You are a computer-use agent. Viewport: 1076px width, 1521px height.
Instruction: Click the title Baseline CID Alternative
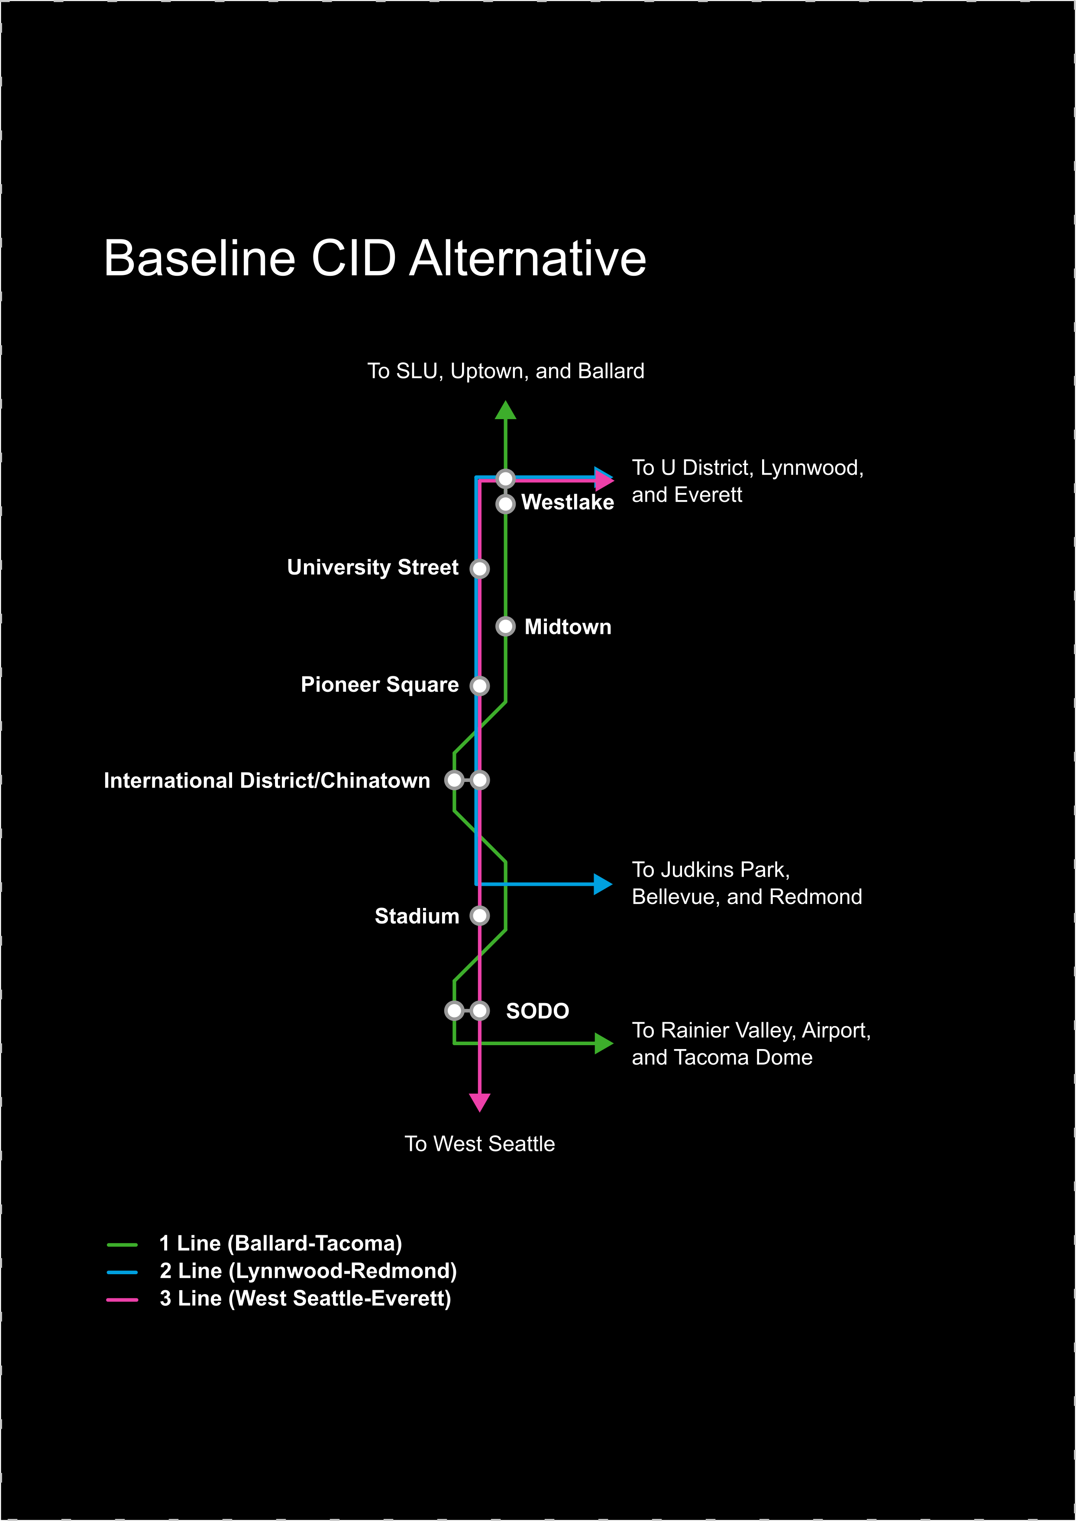(375, 258)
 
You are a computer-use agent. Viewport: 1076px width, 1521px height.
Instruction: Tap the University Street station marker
(480, 568)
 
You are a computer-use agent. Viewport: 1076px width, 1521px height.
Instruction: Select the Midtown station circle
(506, 626)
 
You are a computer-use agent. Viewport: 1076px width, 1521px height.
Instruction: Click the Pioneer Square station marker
(480, 686)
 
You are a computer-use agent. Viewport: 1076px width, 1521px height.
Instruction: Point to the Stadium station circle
(480, 916)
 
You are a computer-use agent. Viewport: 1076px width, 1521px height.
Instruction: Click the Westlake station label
(567, 503)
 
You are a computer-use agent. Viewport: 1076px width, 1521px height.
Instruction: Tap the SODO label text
(537, 1011)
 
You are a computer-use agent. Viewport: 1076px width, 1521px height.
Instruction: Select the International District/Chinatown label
(267, 780)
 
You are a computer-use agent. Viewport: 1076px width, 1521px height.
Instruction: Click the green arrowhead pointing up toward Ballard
(506, 411)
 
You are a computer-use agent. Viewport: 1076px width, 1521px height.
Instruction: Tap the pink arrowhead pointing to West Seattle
(480, 1101)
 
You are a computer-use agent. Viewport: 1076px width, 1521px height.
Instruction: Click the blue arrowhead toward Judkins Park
(602, 884)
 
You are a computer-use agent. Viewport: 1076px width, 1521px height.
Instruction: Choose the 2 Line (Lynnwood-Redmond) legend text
(308, 1271)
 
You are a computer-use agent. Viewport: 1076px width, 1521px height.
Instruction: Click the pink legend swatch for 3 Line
(122, 1299)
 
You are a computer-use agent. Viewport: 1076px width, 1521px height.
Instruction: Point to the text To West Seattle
(480, 1144)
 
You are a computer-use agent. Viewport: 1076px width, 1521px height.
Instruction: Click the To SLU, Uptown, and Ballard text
(506, 371)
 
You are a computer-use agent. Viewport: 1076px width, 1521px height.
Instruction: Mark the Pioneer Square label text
(380, 685)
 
